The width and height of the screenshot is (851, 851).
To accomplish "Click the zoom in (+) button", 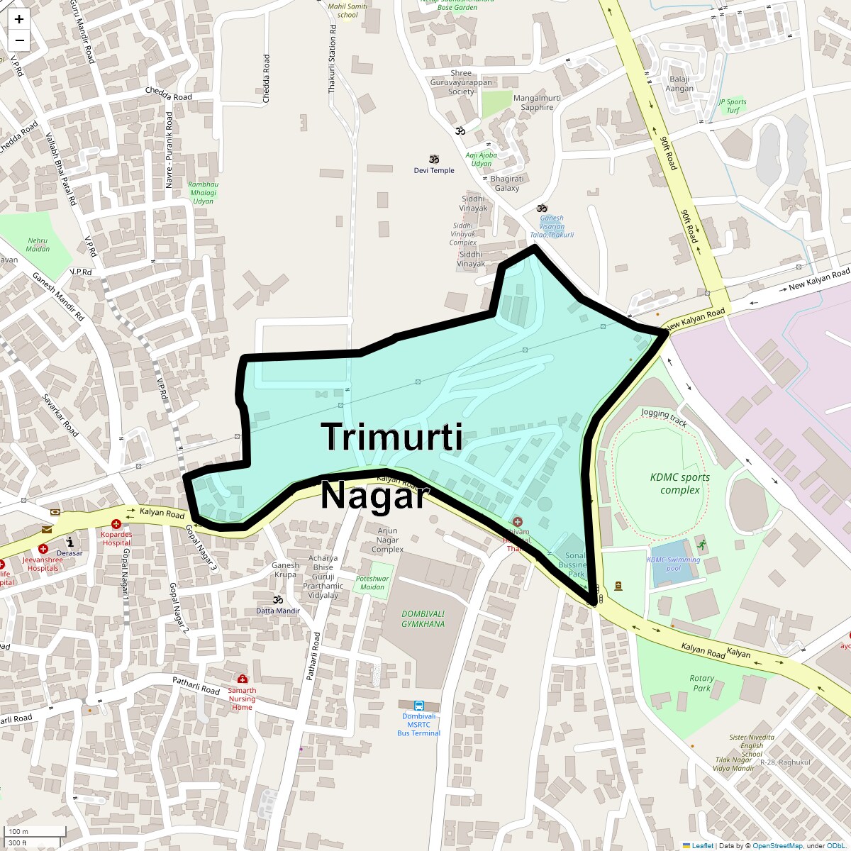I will [x=19, y=19].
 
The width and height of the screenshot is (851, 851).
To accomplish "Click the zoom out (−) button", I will [x=19, y=40].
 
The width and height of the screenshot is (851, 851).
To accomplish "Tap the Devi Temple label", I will [x=434, y=170].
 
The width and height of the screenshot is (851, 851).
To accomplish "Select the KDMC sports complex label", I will [x=679, y=483].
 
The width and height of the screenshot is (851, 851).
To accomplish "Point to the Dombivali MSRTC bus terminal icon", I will [x=419, y=706].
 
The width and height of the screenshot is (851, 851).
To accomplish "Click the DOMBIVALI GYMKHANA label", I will [x=423, y=619].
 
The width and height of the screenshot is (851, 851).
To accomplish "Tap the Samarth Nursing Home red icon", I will [x=243, y=679].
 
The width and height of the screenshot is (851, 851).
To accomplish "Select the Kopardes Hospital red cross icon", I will [x=116, y=524].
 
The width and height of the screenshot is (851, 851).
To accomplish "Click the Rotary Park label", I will [x=701, y=683].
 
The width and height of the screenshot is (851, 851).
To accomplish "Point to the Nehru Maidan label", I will [x=38, y=245].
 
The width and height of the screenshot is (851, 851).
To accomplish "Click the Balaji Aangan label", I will [x=679, y=84].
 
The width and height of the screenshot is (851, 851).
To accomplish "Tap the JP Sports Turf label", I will [x=733, y=106].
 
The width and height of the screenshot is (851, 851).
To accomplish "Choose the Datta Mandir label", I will [x=278, y=611].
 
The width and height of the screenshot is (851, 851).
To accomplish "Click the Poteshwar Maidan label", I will [x=372, y=582].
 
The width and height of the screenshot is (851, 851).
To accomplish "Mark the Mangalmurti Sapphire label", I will [x=537, y=103].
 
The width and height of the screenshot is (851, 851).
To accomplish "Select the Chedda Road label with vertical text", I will [x=267, y=79].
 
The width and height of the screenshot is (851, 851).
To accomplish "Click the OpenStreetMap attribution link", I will [x=777, y=845].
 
